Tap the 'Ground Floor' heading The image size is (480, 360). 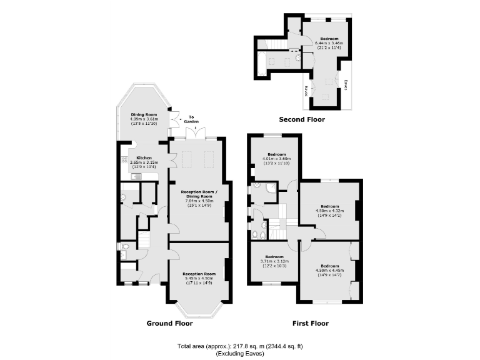coord(169,324)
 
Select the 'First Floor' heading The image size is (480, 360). coord(311,324)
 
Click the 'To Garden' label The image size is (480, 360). coord(191,119)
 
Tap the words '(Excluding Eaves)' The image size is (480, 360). coord(241,353)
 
